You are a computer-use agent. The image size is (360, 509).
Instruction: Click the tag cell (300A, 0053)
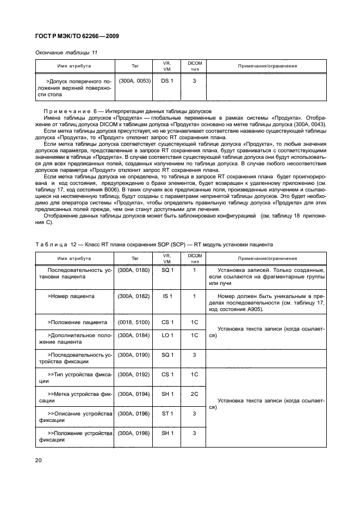[x=134, y=81]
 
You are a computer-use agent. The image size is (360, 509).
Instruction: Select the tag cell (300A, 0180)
[x=134, y=270]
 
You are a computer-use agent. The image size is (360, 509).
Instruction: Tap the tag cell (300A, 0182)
[x=134, y=296]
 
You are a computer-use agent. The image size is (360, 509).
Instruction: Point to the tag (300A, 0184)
[x=134, y=336]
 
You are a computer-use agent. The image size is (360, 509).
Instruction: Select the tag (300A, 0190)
[x=134, y=355]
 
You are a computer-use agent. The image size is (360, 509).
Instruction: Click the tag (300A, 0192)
[x=134, y=375]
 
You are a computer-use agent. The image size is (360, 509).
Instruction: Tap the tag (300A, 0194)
[x=134, y=394]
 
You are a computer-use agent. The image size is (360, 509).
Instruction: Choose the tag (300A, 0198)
[x=134, y=433]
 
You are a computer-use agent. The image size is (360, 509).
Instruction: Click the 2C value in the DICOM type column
[x=194, y=394]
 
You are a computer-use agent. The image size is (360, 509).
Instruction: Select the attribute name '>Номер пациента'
[x=71, y=296]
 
